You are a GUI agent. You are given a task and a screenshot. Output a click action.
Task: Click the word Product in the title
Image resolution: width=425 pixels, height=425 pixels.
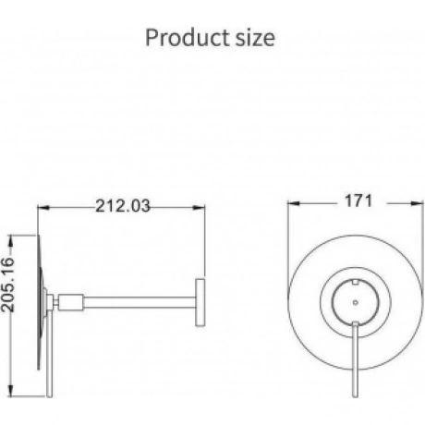click(188, 38)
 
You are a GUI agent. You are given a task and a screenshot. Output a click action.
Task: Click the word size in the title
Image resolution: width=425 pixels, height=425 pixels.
click(255, 39)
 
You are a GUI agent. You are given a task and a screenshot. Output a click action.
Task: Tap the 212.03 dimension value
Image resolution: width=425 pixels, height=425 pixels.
click(123, 206)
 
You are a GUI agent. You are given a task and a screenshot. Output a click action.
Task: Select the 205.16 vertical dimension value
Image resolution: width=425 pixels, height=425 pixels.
click(8, 285)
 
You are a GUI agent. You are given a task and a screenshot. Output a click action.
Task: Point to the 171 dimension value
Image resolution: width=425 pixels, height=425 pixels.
click(358, 201)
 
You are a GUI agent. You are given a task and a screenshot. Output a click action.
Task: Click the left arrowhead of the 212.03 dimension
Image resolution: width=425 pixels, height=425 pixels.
click(43, 208)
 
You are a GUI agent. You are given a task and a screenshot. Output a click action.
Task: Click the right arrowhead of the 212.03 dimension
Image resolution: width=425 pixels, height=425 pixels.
click(199, 208)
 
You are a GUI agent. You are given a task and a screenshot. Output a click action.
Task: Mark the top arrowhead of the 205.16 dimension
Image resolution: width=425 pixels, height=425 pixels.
click(11, 241)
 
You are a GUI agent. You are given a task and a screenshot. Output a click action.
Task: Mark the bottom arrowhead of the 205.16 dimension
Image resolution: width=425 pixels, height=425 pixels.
click(11, 391)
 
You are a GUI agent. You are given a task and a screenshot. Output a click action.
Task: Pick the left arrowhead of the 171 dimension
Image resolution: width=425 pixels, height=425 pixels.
click(294, 203)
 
